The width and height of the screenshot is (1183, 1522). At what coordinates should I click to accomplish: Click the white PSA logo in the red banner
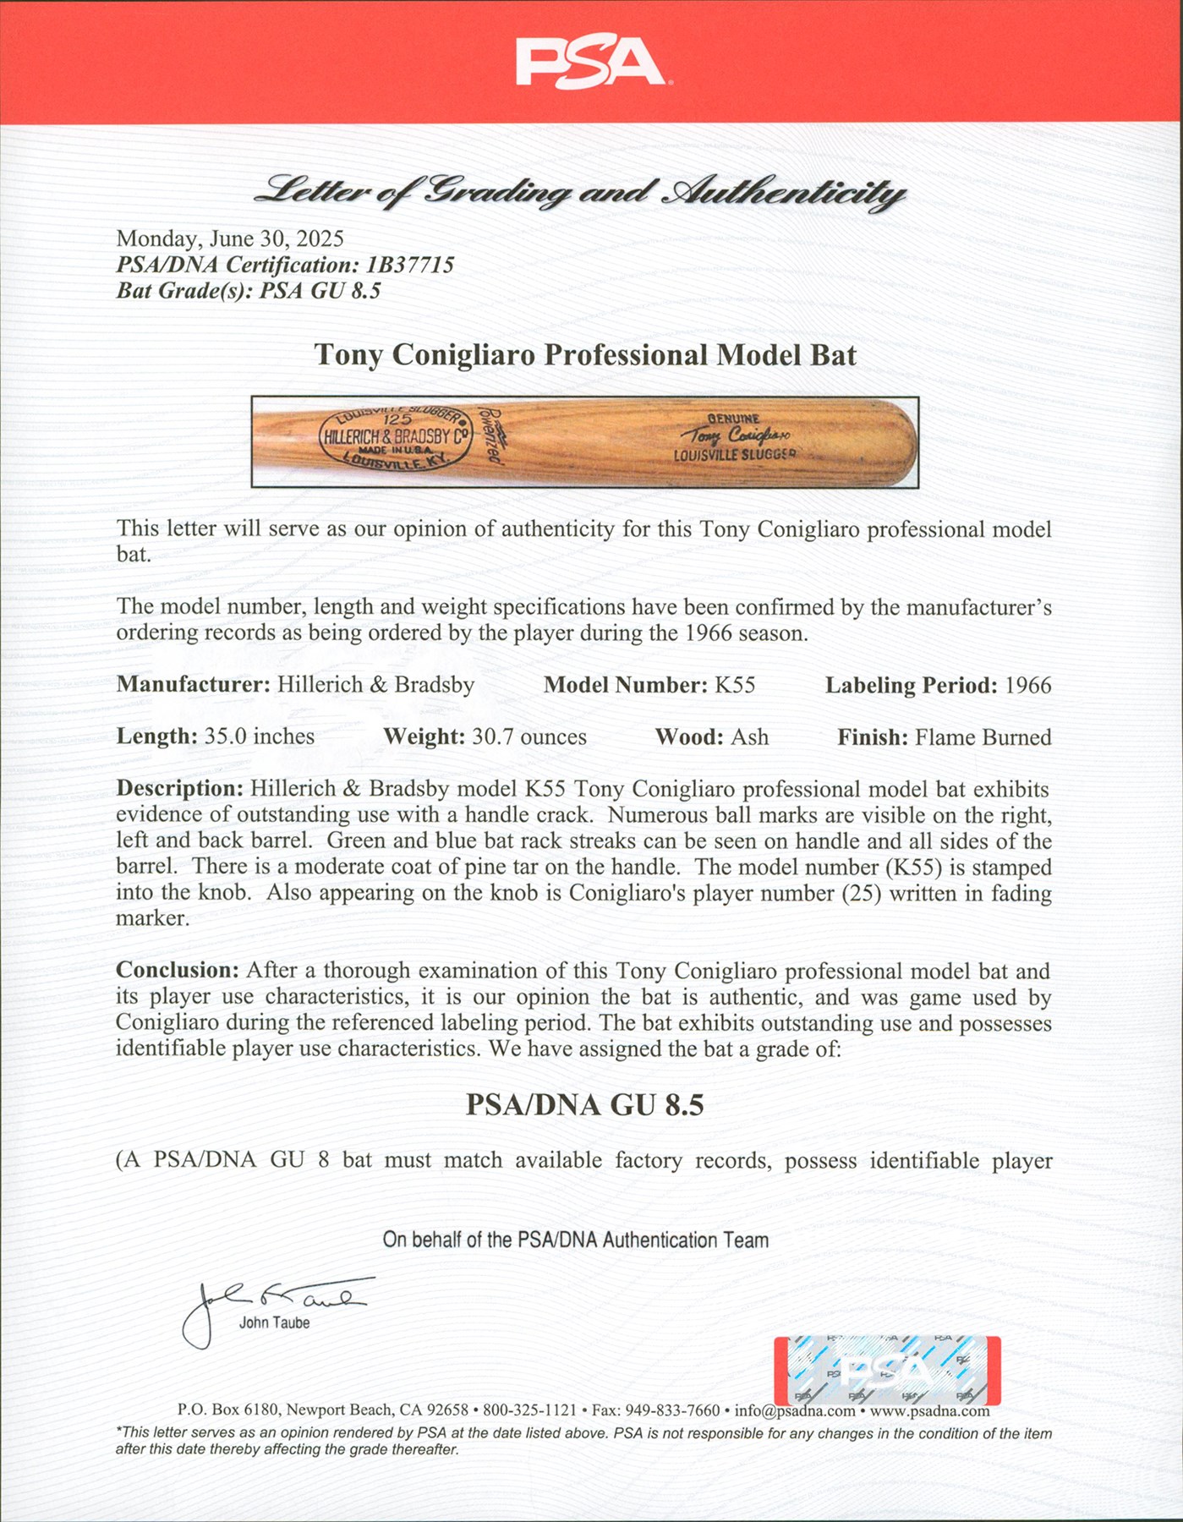(x=590, y=63)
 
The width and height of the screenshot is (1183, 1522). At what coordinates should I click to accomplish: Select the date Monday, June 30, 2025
(x=230, y=239)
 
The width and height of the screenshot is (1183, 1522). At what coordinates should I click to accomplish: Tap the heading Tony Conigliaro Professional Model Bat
(x=585, y=355)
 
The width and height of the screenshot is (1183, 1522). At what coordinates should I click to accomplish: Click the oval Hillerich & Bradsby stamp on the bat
(x=395, y=438)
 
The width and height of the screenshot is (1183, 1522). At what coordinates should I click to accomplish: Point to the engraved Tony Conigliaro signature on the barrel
(x=736, y=436)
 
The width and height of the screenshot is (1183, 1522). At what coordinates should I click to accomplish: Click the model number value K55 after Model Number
(x=734, y=685)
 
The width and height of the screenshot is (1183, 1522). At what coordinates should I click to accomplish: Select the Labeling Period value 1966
(x=1027, y=685)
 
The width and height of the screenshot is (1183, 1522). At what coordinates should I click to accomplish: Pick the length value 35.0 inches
(x=259, y=736)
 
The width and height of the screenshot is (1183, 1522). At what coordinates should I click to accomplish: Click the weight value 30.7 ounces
(x=529, y=736)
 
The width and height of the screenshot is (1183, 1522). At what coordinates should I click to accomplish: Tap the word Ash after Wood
(x=749, y=736)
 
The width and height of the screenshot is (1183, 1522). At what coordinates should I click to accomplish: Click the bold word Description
(x=179, y=788)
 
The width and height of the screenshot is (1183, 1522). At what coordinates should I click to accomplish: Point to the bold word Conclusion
(x=178, y=970)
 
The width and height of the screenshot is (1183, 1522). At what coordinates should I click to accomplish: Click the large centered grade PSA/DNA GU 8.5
(x=585, y=1105)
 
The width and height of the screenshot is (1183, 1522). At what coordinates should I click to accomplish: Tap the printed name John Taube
(x=274, y=1323)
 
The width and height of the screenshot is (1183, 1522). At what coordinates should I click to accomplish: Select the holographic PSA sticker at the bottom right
(x=887, y=1371)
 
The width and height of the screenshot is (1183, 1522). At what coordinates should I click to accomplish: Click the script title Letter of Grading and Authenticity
(x=580, y=193)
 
